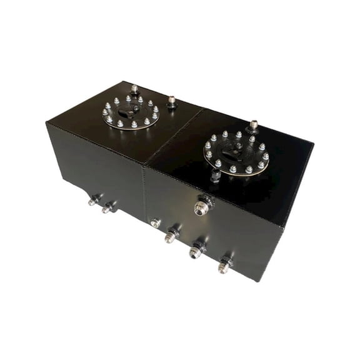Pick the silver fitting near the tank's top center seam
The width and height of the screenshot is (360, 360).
(172, 101)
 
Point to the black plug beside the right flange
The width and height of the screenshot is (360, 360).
(215, 177)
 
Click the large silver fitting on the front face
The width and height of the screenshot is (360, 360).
(202, 207)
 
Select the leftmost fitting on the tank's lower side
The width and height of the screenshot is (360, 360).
(93, 201)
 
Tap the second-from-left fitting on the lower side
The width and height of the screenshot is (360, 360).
(107, 207)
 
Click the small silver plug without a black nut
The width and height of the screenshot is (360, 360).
(155, 222)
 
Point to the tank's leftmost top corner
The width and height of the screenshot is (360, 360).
(46, 122)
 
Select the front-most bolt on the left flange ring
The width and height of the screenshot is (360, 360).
(134, 125)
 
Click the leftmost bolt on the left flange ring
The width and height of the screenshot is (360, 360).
(105, 112)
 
